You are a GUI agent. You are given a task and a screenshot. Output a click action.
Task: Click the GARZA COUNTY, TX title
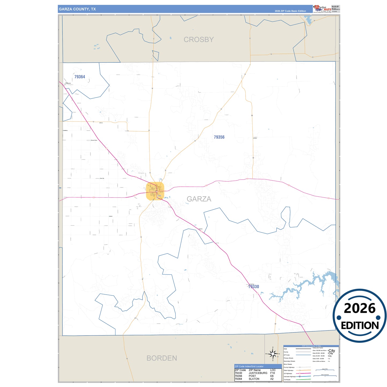click(77, 9)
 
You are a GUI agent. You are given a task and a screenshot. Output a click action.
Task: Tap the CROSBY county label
click(198, 40)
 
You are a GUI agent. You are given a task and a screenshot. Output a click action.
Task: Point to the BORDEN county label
click(161, 358)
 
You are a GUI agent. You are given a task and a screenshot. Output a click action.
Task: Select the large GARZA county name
click(199, 199)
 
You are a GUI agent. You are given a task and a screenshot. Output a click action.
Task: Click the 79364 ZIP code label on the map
click(80, 77)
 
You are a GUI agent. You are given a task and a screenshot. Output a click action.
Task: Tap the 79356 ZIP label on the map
click(219, 137)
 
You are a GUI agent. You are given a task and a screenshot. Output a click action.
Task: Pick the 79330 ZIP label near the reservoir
click(253, 287)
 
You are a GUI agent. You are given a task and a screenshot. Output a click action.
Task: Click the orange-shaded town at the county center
click(155, 191)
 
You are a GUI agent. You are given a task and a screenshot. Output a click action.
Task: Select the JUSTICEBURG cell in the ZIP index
click(258, 373)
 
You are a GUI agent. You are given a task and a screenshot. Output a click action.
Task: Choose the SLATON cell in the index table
click(254, 379)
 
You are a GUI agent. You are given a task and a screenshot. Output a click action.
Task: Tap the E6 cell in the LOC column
click(272, 376)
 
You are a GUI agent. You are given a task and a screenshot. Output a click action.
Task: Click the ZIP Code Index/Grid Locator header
click(249, 366)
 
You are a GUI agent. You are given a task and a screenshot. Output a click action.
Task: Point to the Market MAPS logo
click(322, 9)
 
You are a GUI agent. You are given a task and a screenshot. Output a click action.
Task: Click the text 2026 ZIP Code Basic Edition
click(290, 11)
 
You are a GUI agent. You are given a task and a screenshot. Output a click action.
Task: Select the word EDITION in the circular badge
click(360, 325)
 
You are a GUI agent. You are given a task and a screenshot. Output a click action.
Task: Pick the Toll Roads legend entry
click(287, 380)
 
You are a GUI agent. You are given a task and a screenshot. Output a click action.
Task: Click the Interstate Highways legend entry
click(290, 377)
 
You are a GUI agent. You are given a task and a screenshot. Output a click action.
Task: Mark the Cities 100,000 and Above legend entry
click(320, 350)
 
